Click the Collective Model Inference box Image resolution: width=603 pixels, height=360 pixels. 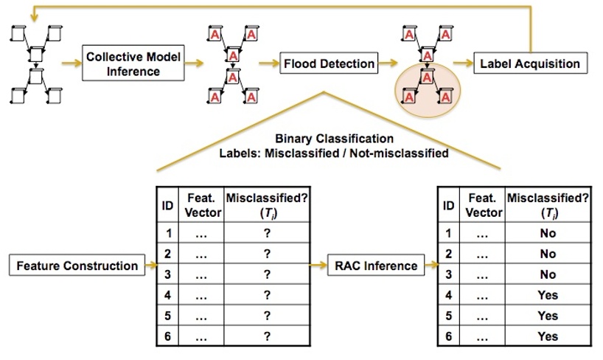click(x=133, y=64)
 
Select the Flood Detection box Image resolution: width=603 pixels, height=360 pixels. click(x=329, y=64)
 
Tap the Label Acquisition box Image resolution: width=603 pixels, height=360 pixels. click(x=530, y=63)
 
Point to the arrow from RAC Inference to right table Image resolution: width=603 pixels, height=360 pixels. click(x=431, y=266)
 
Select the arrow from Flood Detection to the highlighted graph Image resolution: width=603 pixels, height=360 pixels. click(x=388, y=64)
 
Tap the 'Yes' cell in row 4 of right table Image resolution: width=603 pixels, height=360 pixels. click(x=548, y=295)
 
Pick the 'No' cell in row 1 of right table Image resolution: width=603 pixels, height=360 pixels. click(x=548, y=233)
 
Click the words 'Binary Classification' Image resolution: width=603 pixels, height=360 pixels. click(x=334, y=138)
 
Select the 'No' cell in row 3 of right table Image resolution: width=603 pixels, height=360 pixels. click(x=548, y=274)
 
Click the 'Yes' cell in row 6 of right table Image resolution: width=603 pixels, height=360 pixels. click(x=548, y=336)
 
